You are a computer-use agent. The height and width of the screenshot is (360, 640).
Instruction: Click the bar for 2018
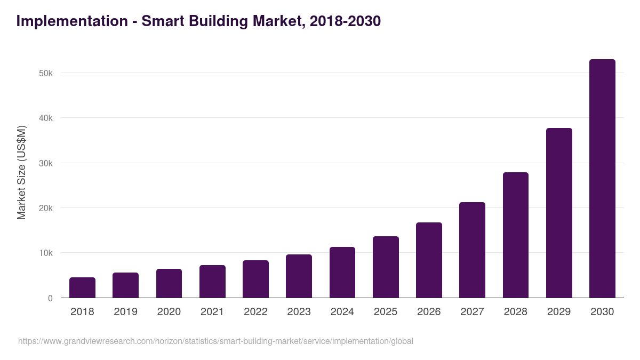pyautogui.click(x=82, y=287)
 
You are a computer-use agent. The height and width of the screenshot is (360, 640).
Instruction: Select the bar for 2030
pyautogui.click(x=602, y=179)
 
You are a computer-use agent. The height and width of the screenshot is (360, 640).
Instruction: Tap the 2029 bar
pyautogui.click(x=559, y=213)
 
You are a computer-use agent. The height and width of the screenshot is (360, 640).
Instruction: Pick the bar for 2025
pyautogui.click(x=386, y=267)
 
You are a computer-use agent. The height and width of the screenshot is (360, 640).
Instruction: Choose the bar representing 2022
pyautogui.click(x=255, y=279)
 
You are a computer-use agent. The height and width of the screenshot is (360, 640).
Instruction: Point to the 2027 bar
pyautogui.click(x=472, y=250)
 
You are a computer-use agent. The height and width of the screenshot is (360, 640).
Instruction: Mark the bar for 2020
pyautogui.click(x=169, y=283)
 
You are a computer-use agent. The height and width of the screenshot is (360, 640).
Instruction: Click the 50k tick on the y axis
pyautogui.click(x=46, y=73)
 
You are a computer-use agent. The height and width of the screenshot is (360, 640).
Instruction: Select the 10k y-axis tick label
pyautogui.click(x=46, y=253)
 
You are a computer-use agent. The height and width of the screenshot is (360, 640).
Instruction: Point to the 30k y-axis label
pyautogui.click(x=46, y=163)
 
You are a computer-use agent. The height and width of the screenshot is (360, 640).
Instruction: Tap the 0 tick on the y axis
pyautogui.click(x=50, y=298)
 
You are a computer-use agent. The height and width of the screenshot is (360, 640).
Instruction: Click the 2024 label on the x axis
pyautogui.click(x=342, y=312)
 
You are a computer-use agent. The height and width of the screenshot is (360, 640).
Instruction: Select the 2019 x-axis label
pyautogui.click(x=125, y=312)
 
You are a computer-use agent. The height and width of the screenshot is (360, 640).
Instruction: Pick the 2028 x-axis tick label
pyautogui.click(x=515, y=312)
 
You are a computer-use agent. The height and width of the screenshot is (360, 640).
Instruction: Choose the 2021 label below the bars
pyautogui.click(x=212, y=312)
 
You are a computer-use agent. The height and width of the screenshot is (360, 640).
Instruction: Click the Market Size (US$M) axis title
pyautogui.click(x=21, y=172)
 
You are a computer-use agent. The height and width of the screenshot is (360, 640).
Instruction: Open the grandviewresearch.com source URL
pyautogui.click(x=215, y=341)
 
